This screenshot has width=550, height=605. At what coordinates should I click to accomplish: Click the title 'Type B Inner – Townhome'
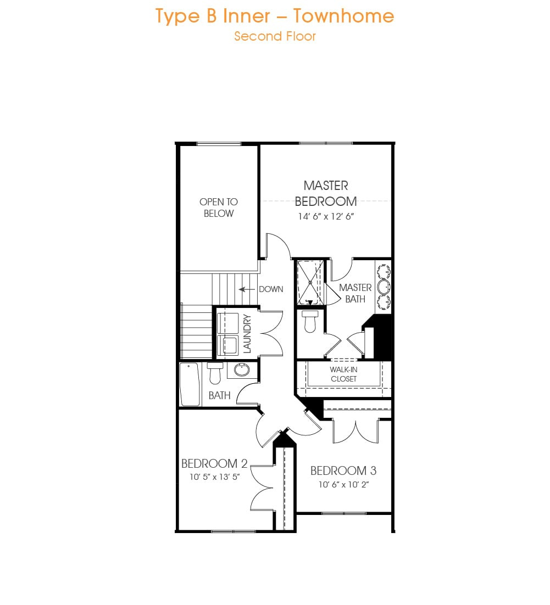point(275,16)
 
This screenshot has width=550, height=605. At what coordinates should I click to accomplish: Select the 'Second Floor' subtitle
point(275,36)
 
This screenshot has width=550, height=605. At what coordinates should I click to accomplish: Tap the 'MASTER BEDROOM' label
point(326,193)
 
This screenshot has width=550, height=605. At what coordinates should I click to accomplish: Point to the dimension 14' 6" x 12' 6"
point(326,216)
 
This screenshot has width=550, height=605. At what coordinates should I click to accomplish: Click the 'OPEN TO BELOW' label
point(219,208)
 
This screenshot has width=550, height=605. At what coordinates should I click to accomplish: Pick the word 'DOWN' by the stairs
point(271,289)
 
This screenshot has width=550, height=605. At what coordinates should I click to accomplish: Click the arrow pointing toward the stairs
point(247,289)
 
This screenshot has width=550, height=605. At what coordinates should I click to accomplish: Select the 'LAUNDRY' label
point(247,334)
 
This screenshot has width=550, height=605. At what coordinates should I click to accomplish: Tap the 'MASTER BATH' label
point(355,293)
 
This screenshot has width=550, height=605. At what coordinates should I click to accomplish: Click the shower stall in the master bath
point(310,283)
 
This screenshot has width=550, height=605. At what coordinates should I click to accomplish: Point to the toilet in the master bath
point(310,321)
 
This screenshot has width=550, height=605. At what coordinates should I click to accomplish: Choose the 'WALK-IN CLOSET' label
point(343,374)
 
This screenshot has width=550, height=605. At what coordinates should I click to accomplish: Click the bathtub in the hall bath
point(190,384)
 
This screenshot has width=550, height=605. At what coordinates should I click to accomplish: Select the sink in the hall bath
point(242,369)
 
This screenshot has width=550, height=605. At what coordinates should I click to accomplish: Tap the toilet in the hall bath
point(215,373)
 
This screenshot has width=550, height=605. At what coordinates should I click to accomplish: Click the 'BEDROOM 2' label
point(214,463)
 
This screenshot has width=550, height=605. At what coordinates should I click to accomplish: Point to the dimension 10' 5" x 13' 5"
point(214,477)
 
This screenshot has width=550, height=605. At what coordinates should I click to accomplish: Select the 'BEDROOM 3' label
point(343,470)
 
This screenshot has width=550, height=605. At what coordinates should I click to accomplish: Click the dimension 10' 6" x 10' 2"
point(343,485)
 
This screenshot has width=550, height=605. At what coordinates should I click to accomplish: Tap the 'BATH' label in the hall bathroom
point(219,395)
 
